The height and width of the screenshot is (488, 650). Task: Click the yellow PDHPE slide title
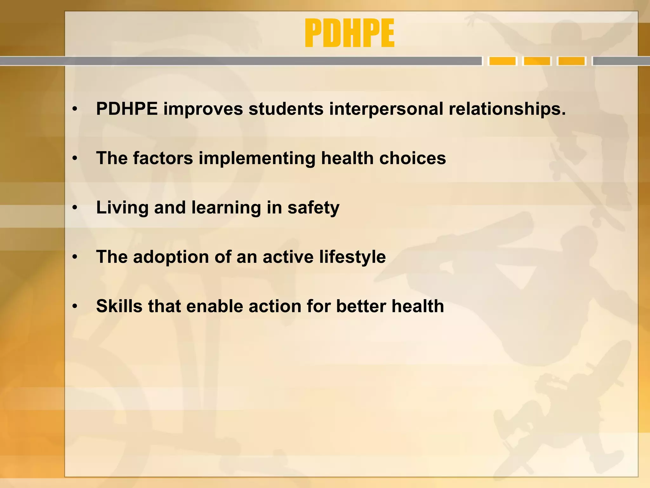(x=349, y=33)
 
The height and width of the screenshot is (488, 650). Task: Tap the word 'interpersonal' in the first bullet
(x=386, y=109)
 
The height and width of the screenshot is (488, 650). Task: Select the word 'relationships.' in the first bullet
(x=507, y=109)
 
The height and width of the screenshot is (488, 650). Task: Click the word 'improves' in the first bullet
(x=203, y=109)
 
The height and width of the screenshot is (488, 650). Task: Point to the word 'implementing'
(x=257, y=158)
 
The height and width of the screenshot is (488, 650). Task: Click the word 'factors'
(x=163, y=158)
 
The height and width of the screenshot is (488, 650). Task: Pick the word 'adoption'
(x=171, y=257)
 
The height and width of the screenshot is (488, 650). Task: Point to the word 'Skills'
(x=119, y=306)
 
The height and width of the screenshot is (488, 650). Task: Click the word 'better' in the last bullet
(x=361, y=306)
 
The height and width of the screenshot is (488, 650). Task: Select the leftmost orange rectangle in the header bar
(x=502, y=61)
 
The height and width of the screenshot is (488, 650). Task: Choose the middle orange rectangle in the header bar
(x=537, y=61)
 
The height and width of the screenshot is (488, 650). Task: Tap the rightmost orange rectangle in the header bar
(x=572, y=61)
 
